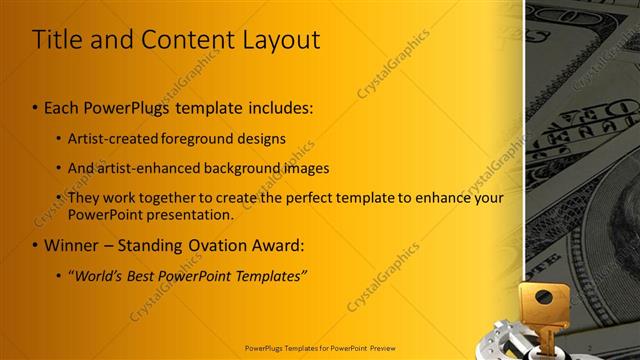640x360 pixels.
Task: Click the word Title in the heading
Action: click(57, 40)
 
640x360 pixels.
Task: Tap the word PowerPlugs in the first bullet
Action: click(126, 106)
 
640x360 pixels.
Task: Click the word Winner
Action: click(71, 245)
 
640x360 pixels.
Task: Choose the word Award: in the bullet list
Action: click(279, 245)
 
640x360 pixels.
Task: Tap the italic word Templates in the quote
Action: click(271, 275)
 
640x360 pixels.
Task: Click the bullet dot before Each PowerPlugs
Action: click(36, 107)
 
